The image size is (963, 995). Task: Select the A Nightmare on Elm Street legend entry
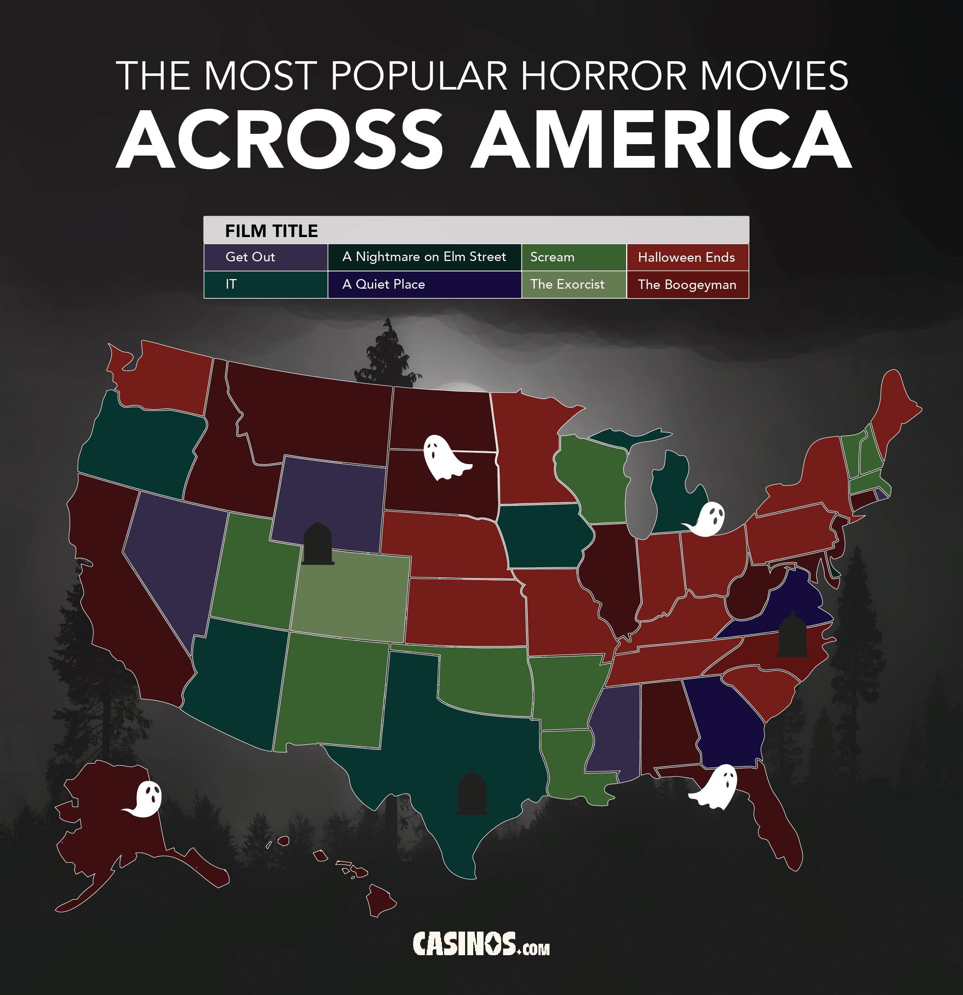pos(424,257)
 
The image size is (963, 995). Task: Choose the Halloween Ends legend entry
pos(687,257)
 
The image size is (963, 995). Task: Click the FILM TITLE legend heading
pos(272,231)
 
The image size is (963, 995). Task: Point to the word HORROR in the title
pos(604,76)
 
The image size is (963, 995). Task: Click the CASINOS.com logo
pos(481,944)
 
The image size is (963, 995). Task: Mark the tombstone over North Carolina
pos(792,634)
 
